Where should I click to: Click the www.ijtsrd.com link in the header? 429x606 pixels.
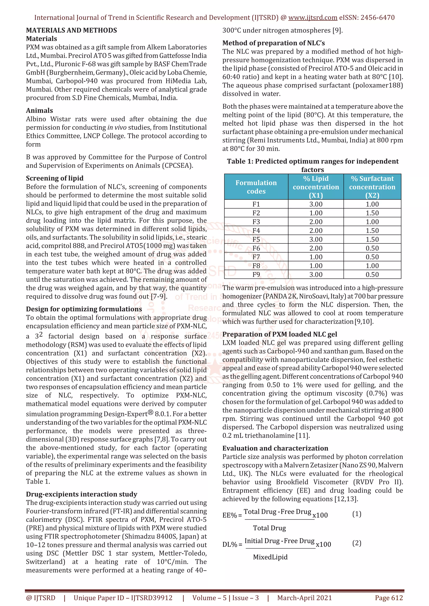(313, 18)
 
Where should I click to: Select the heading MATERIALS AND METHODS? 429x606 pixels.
(71, 30)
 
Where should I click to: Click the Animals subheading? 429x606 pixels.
(39, 110)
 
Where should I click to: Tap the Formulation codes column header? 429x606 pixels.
(256, 187)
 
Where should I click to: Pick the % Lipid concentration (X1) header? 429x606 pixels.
(316, 187)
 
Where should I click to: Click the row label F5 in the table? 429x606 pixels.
(256, 239)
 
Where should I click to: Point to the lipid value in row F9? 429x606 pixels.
(316, 275)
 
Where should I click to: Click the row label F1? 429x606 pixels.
(256, 204)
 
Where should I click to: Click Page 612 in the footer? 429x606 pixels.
(389, 598)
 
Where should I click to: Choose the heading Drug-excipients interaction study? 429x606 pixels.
(81, 494)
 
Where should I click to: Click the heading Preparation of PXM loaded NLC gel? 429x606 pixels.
(279, 334)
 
